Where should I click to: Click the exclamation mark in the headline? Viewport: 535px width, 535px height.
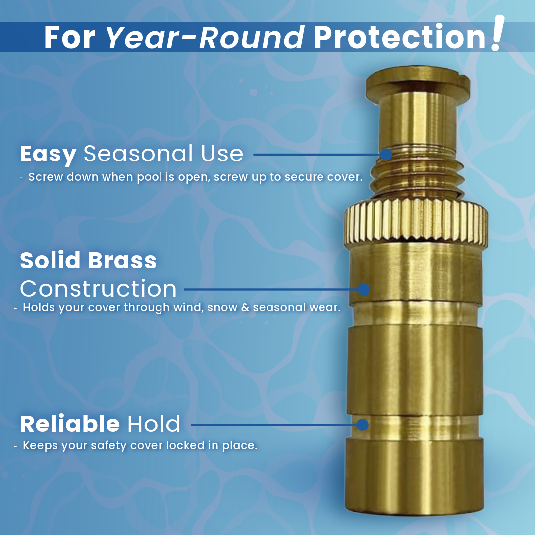tap(496, 34)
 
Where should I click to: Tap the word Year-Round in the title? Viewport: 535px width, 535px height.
tap(205, 37)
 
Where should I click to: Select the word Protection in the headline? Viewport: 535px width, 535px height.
tap(399, 37)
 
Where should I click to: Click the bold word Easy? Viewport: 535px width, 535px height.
tap(48, 155)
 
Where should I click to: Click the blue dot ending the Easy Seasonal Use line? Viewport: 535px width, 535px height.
tap(386, 155)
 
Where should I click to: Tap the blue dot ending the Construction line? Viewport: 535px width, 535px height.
tap(364, 289)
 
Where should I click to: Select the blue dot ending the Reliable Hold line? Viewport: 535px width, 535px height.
tap(363, 425)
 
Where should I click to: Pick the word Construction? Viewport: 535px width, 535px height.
tap(98, 288)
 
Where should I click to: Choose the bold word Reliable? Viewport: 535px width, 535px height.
tap(70, 425)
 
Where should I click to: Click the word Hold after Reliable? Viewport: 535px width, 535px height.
tap(154, 425)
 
